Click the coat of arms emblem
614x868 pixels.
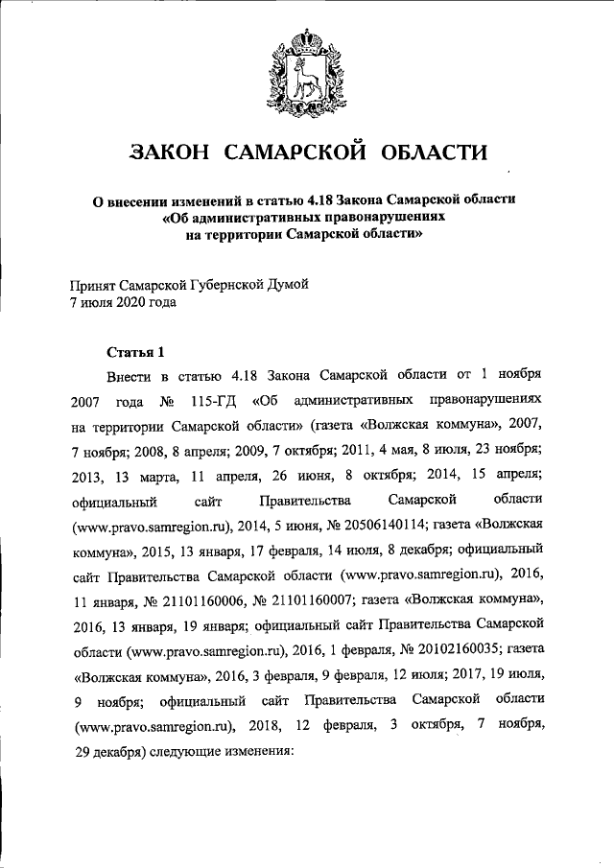pos(307,68)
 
